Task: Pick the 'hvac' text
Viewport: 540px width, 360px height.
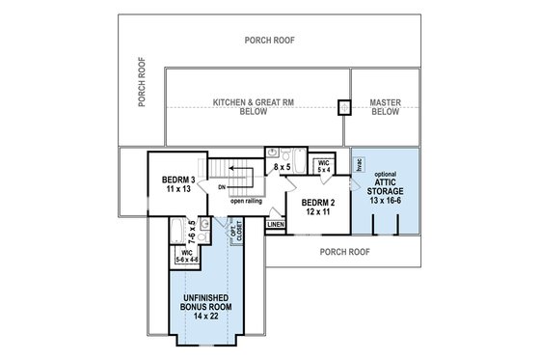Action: point(358,165)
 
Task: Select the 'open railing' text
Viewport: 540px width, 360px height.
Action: point(248,202)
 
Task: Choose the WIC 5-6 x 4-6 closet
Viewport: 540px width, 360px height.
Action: point(188,256)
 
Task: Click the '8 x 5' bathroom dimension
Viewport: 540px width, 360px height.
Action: point(283,168)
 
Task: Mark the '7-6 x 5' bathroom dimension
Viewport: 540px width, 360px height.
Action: point(192,232)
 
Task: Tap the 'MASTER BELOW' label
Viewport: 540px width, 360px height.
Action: point(385,105)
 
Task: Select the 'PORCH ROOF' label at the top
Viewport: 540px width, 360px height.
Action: point(269,42)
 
